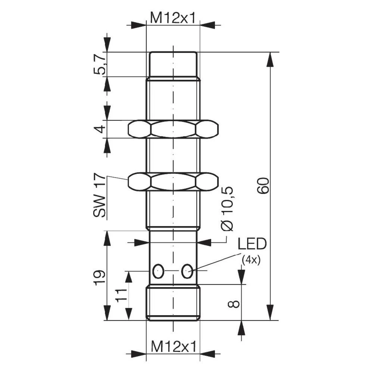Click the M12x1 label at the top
[x=173, y=17]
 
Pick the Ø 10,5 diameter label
[x=228, y=209]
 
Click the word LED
[x=252, y=244]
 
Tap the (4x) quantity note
[x=251, y=260]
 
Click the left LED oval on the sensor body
[x=158, y=271]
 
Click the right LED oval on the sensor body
[x=187, y=271]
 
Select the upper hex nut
[x=173, y=129]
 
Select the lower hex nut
[x=173, y=182]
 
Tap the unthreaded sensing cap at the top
[x=173, y=64]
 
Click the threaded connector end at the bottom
[x=173, y=303]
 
